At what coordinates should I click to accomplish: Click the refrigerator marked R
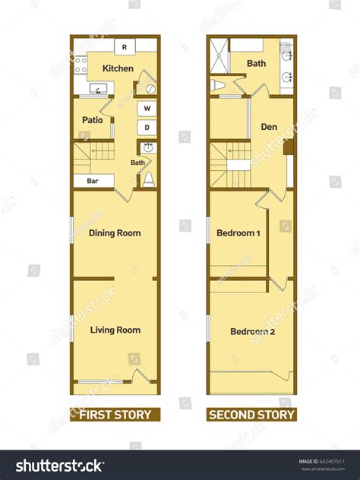point(125,47)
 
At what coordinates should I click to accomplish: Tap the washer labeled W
point(147,109)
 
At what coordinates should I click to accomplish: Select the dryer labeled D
point(147,128)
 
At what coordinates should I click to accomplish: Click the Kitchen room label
point(118,68)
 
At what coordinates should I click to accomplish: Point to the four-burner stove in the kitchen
point(81,65)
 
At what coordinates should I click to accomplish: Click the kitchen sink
point(98,89)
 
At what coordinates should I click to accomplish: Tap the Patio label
point(93,120)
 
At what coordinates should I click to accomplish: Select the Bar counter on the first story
point(93,181)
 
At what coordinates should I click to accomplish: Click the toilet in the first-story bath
point(149,179)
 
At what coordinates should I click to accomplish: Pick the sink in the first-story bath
point(148,147)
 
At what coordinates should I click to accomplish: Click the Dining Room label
point(115,233)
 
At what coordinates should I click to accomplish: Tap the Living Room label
point(115,330)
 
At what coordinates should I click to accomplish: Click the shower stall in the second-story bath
point(219,55)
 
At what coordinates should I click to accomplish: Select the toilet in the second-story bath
point(218,85)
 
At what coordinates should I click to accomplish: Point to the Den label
point(269,127)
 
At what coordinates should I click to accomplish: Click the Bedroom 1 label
point(238,233)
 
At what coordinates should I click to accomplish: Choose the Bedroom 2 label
point(253,332)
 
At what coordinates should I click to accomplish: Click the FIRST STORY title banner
point(115,415)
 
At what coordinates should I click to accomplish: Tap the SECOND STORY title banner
point(251,415)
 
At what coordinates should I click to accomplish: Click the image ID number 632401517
point(332,461)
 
